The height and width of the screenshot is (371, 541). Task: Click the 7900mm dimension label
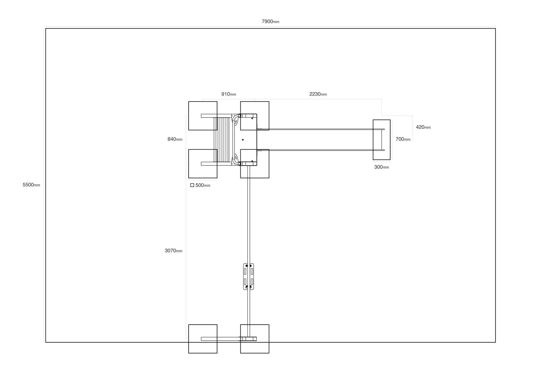click(x=270, y=21)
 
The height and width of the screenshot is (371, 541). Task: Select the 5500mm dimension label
click(x=31, y=185)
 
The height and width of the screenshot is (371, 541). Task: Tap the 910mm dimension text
click(x=228, y=94)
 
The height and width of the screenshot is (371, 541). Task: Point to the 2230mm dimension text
click(x=318, y=94)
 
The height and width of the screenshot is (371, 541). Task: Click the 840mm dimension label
click(x=175, y=139)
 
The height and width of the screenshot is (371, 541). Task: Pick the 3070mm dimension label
click(x=173, y=251)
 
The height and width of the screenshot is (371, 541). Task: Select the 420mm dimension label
click(x=423, y=127)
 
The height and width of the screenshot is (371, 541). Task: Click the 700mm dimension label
click(x=403, y=139)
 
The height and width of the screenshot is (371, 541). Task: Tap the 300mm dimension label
click(x=381, y=167)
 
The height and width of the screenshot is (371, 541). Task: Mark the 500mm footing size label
click(x=203, y=185)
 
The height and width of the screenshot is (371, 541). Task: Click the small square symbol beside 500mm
click(x=192, y=185)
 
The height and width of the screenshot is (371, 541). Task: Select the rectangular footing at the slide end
click(x=381, y=140)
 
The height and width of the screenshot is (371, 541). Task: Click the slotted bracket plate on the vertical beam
click(x=248, y=276)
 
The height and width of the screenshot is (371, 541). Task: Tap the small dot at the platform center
click(x=243, y=140)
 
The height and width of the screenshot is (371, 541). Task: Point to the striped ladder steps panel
click(x=224, y=140)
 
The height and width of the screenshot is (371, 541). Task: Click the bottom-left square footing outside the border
click(x=203, y=339)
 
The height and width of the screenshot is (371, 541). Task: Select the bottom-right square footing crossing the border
click(x=255, y=339)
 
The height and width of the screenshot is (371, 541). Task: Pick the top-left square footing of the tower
click(x=203, y=116)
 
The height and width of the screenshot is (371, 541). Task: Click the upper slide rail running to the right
click(x=320, y=129)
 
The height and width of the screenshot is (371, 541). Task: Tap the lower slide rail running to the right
click(x=320, y=150)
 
